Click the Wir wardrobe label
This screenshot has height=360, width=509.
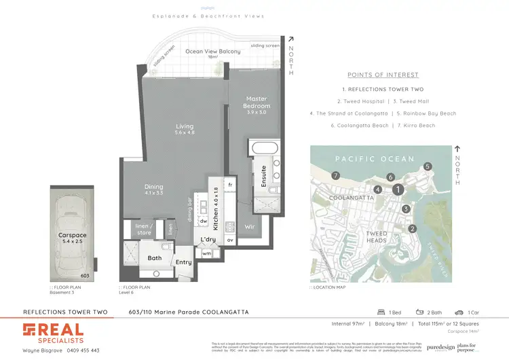[249, 225]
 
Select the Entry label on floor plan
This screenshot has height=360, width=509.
[184, 262]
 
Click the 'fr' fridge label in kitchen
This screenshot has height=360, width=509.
[231, 184]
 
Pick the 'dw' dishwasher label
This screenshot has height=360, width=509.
[204, 221]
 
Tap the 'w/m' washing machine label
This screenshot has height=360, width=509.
[207, 254]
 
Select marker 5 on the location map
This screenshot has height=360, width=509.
[428, 166]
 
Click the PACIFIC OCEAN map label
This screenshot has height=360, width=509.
[374, 159]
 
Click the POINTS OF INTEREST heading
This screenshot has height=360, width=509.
[383, 75]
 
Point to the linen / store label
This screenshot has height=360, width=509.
[144, 230]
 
